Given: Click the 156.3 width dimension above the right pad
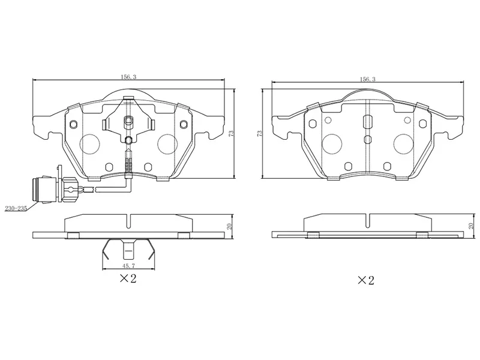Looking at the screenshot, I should click(367, 79).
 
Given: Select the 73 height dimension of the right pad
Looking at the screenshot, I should click(260, 133).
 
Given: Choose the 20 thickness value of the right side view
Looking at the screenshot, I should click(471, 226).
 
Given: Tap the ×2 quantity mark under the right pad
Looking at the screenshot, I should click(366, 280).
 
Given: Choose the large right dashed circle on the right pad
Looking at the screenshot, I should click(406, 143).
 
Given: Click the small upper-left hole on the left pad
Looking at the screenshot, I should click(74, 124).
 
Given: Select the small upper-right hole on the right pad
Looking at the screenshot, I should click(423, 124).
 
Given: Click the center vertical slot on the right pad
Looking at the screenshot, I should click(368, 122).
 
